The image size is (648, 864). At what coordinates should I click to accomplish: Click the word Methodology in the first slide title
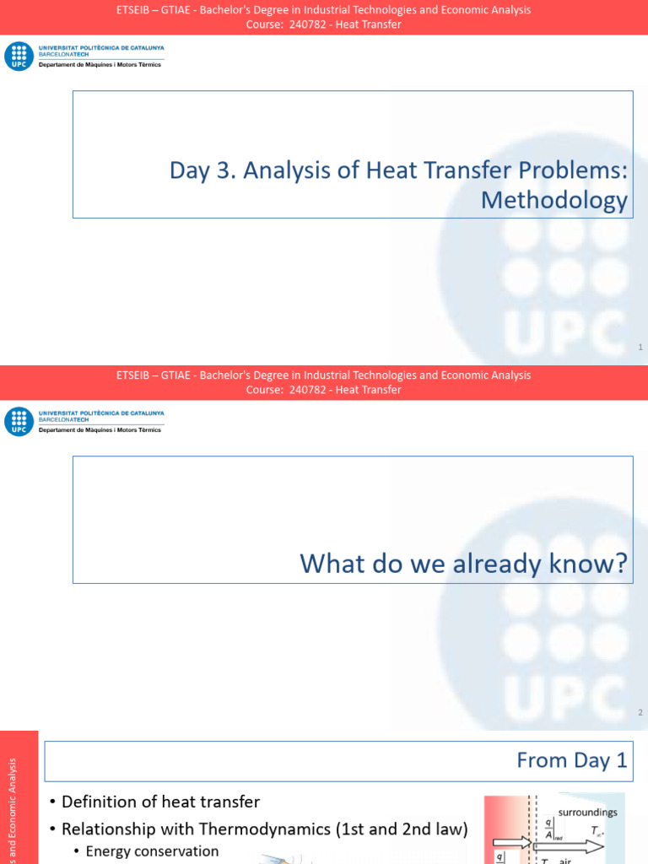553,200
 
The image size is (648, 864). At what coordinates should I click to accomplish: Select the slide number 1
640,348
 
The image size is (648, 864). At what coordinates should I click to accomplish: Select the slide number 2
640,713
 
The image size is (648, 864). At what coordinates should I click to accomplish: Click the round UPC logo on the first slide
19,57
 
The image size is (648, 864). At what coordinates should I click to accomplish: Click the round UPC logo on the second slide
19,422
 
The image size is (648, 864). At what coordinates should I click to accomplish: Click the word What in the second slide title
332,564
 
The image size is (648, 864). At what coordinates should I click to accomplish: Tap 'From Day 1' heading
571,760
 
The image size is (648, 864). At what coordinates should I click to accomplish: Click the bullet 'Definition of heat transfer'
160,802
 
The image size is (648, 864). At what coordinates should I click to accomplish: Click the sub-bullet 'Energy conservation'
152,851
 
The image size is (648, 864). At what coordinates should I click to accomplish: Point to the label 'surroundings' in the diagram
587,813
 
